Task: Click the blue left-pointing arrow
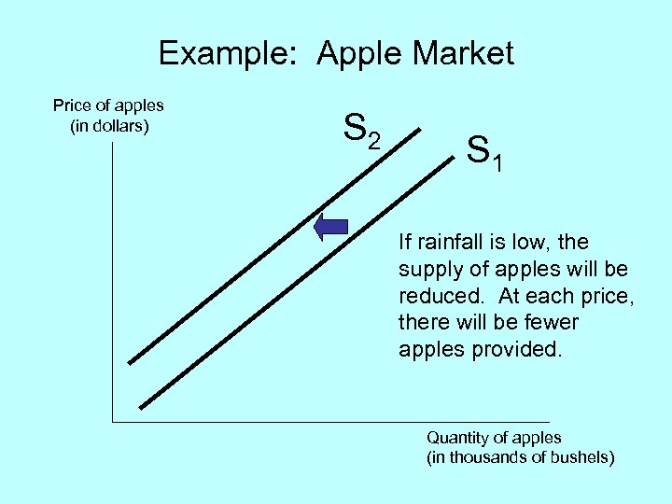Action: [330, 227]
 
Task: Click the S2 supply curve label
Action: [362, 130]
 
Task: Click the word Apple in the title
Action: [359, 53]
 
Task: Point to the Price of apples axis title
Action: [108, 105]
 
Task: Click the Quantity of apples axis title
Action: [494, 437]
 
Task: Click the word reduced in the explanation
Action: [435, 296]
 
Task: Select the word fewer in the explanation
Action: [546, 323]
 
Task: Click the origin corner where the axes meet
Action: [112, 423]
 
